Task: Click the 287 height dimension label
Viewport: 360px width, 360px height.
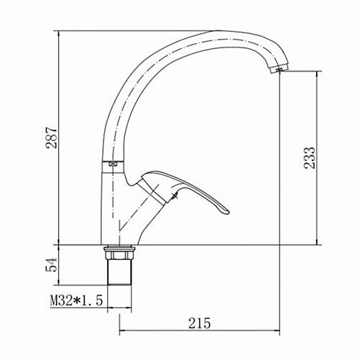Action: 51,137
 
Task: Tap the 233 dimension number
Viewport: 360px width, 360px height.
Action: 310,158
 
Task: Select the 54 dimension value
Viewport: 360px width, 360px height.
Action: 52,265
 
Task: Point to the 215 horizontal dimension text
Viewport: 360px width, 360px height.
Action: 199,323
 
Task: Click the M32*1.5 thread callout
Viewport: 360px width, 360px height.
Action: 77,300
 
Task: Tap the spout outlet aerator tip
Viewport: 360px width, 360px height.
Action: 279,69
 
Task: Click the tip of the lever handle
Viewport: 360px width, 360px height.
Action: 227,212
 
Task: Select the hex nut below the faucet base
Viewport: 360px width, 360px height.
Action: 119,255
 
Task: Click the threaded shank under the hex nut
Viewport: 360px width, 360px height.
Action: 119,272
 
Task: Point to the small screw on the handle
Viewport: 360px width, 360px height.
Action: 175,195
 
